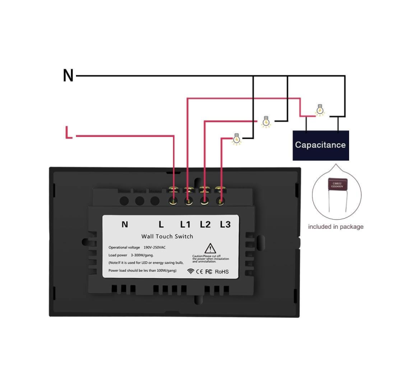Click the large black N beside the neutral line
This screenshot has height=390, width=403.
coord(68,75)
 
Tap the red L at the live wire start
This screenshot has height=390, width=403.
coord(69,133)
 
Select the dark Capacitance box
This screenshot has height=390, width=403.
coord(320,145)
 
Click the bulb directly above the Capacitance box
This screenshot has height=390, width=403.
coord(320,109)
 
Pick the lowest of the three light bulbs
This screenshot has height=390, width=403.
coord(237,138)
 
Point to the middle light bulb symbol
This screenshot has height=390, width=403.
coord(266,122)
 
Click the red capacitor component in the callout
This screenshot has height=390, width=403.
coord(337,188)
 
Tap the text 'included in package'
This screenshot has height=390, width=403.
coord(335,226)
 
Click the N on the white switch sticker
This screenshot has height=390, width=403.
coord(125,224)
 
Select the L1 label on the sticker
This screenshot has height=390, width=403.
coord(185,224)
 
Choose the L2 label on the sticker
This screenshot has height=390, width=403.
coord(205,224)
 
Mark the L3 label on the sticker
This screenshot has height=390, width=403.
coord(225,224)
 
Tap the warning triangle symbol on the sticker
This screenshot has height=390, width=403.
coord(210,249)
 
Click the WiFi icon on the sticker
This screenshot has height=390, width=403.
coord(190,271)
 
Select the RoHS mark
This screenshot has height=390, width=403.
coord(222,271)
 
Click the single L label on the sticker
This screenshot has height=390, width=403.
coord(161,224)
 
